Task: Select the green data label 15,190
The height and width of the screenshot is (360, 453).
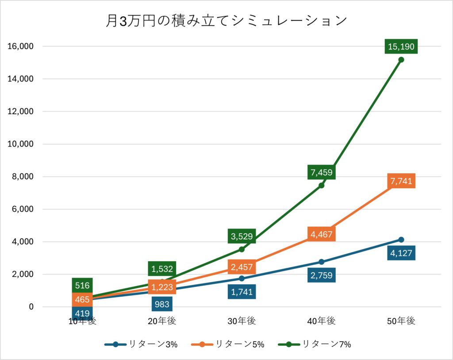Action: [x=401, y=46]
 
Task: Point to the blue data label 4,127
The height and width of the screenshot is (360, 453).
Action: [x=401, y=253]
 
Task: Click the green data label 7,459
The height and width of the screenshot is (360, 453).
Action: [x=321, y=172]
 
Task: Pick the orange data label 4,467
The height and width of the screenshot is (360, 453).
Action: [x=321, y=234]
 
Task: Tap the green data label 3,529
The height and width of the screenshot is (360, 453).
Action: [x=242, y=236]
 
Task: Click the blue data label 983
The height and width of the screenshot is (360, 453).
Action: [x=162, y=304]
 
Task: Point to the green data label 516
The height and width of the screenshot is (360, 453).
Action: [x=82, y=285]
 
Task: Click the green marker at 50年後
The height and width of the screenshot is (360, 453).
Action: [x=401, y=60]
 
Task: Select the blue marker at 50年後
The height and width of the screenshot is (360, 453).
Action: [x=401, y=240]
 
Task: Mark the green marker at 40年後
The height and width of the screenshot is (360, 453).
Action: [x=321, y=185]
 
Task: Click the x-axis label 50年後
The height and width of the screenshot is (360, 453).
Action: [x=401, y=321]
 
